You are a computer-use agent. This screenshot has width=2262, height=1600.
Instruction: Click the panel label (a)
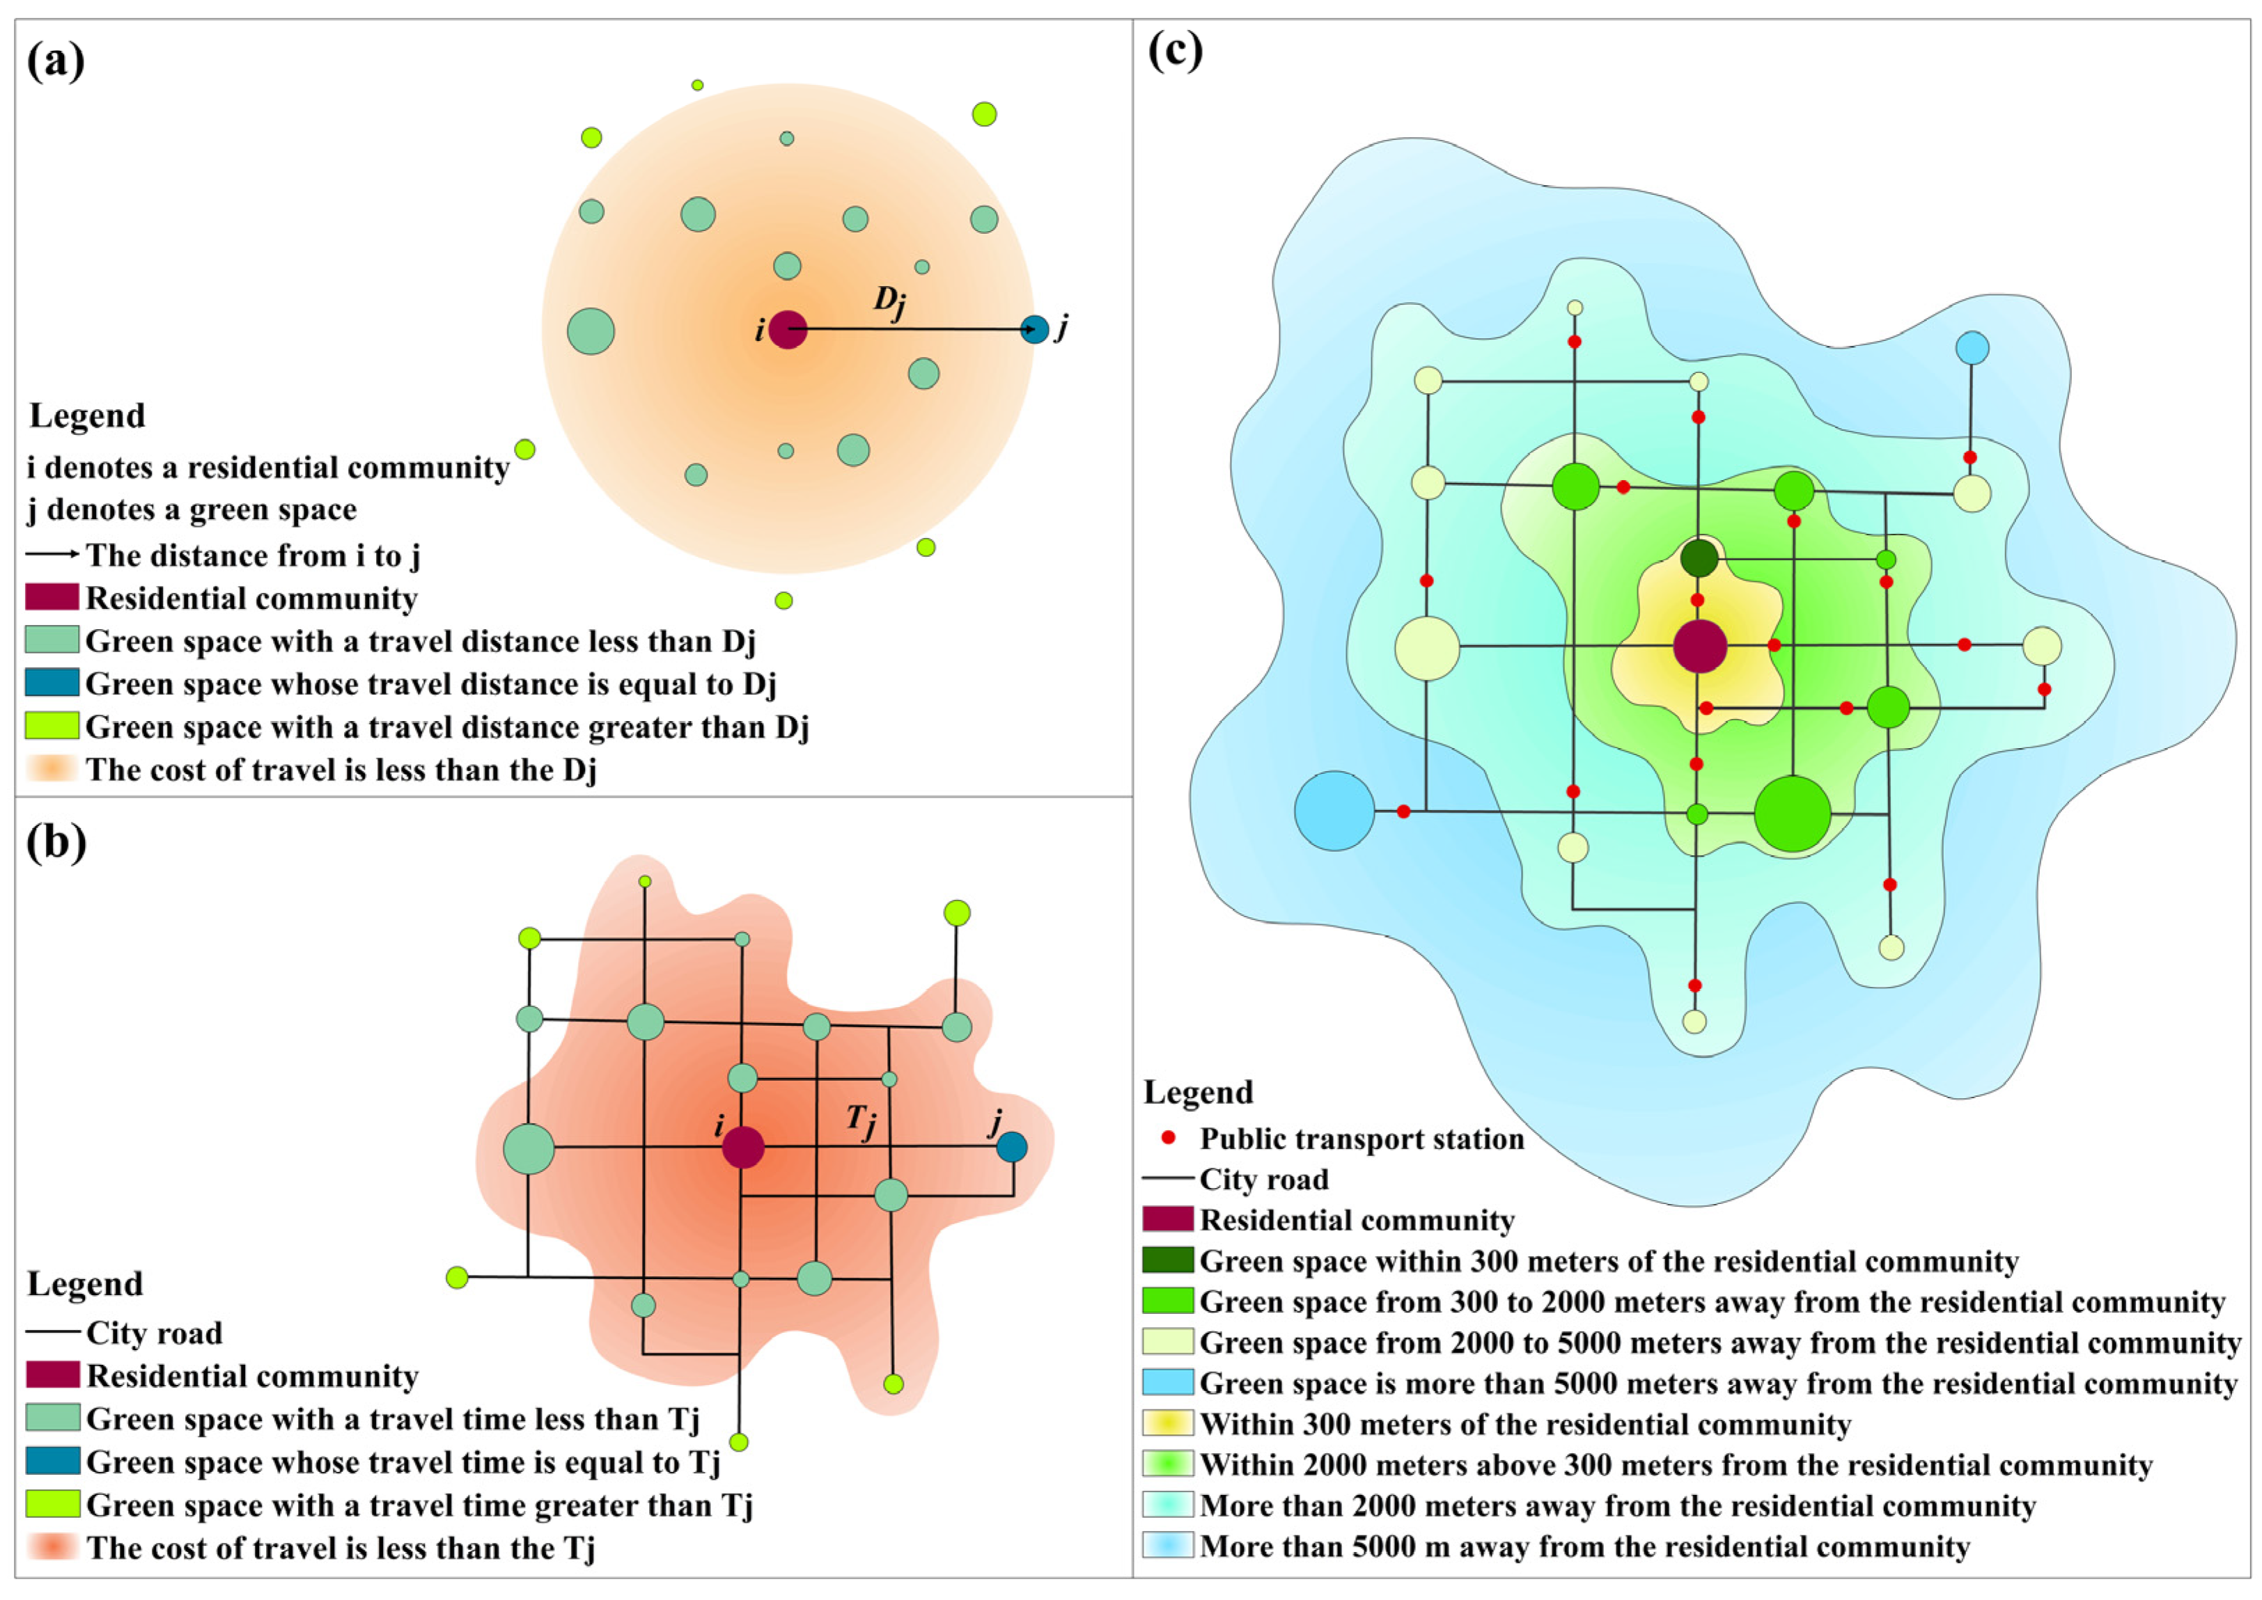click(x=56, y=62)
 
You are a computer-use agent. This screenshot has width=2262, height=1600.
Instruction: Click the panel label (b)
click(x=56, y=842)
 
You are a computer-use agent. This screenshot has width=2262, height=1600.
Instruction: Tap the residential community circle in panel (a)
click(x=788, y=329)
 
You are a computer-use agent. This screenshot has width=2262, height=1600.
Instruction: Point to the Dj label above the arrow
click(x=889, y=301)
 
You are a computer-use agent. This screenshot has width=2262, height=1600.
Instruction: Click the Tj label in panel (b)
click(x=861, y=1120)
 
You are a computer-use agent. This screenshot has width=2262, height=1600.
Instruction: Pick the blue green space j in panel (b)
click(x=1011, y=1147)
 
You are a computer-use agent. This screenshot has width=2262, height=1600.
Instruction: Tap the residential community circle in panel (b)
click(x=743, y=1148)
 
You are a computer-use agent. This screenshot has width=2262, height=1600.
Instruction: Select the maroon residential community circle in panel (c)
click(x=1700, y=647)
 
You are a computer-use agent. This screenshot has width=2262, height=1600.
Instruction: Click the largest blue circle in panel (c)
click(x=1334, y=810)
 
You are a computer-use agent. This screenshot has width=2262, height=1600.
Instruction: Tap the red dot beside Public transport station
click(x=1169, y=1138)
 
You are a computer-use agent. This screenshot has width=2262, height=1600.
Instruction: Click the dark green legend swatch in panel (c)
click(x=1168, y=1260)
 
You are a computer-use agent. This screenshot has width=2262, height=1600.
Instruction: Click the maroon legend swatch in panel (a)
click(x=52, y=597)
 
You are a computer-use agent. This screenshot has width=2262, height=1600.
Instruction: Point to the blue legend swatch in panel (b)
click(x=52, y=1460)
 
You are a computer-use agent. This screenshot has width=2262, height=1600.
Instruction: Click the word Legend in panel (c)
click(x=1199, y=1092)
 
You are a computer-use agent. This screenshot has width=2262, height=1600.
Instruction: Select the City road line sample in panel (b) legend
click(x=52, y=1332)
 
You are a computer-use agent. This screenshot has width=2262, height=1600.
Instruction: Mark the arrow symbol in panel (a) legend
click(x=52, y=555)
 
